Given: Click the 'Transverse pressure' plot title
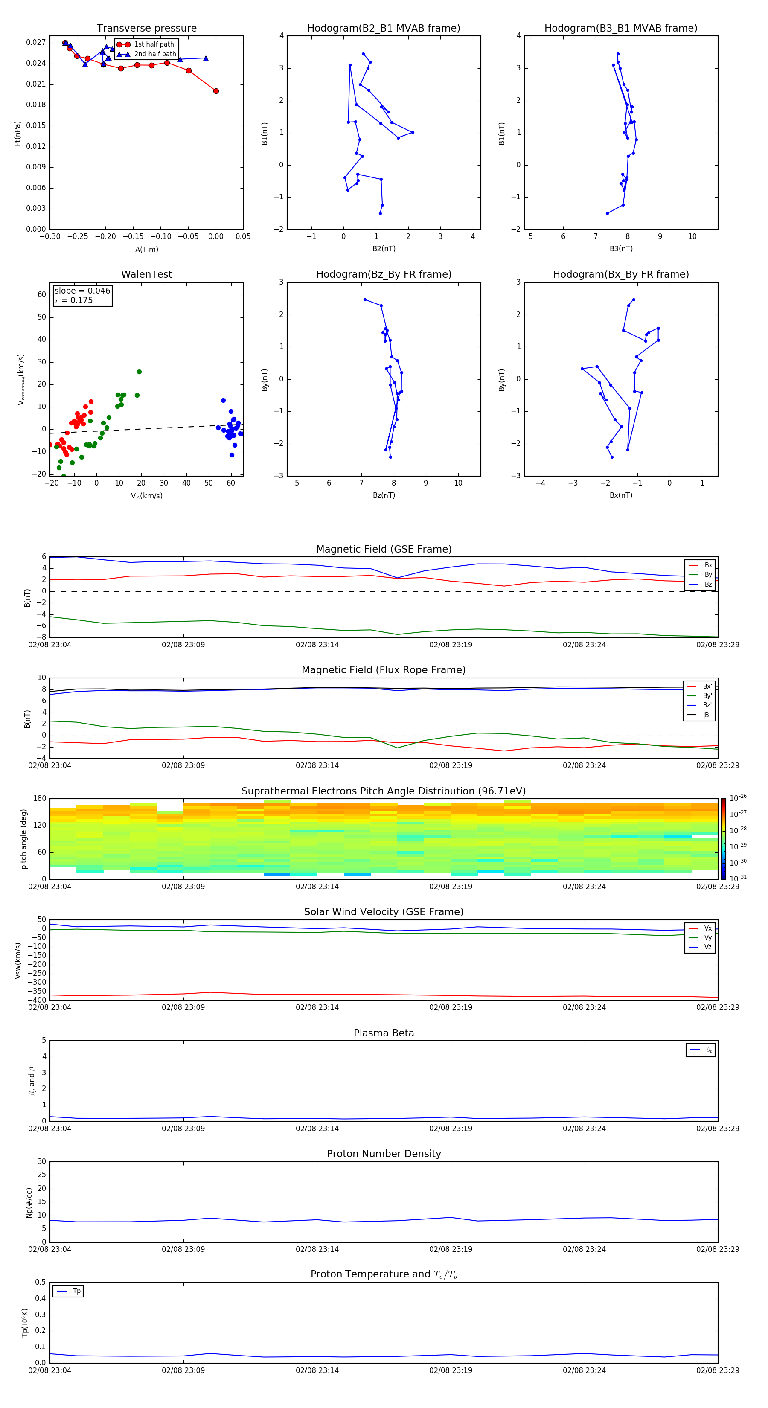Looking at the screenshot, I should click(x=146, y=29).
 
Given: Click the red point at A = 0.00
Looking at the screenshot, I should click(x=216, y=91).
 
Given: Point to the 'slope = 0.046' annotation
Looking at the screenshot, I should click(x=82, y=291).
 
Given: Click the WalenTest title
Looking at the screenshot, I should click(x=146, y=274).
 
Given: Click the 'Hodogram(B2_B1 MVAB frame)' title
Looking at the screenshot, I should click(x=383, y=29).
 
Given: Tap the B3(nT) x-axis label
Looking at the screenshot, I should click(x=621, y=249).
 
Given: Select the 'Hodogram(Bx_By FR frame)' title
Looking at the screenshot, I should click(x=620, y=274).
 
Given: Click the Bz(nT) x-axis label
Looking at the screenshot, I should click(x=384, y=495).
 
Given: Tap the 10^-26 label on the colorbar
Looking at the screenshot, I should click(x=738, y=798).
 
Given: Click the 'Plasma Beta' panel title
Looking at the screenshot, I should click(x=384, y=1033).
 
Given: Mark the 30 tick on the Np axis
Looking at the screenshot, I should click(x=41, y=1161).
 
